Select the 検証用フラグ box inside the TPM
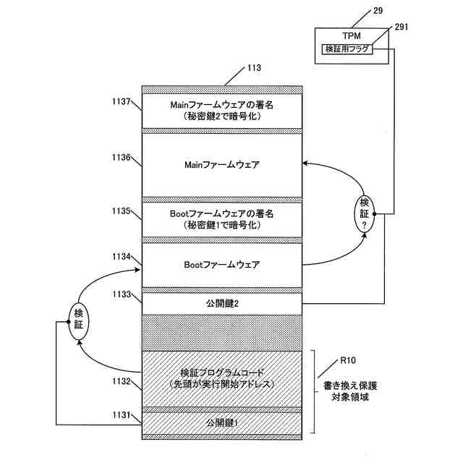tap(348, 48)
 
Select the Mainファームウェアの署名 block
tap(221, 111)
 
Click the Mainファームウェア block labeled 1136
tap(221, 165)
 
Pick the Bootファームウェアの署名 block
tap(221, 219)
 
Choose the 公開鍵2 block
tap(221, 303)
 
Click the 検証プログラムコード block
tap(221, 378)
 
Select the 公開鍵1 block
tap(221, 422)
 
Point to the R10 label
tap(347, 360)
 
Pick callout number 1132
tap(120, 381)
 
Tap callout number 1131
tap(120, 415)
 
